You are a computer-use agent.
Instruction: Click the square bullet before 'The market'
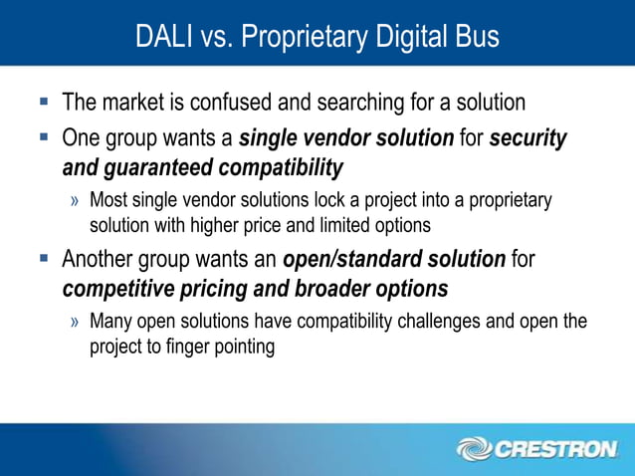(44, 102)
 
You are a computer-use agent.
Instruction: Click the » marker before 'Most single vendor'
(76, 201)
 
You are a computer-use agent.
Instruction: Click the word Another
(99, 261)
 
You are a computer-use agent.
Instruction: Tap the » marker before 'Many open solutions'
(76, 323)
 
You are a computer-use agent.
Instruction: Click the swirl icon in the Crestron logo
(475, 449)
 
